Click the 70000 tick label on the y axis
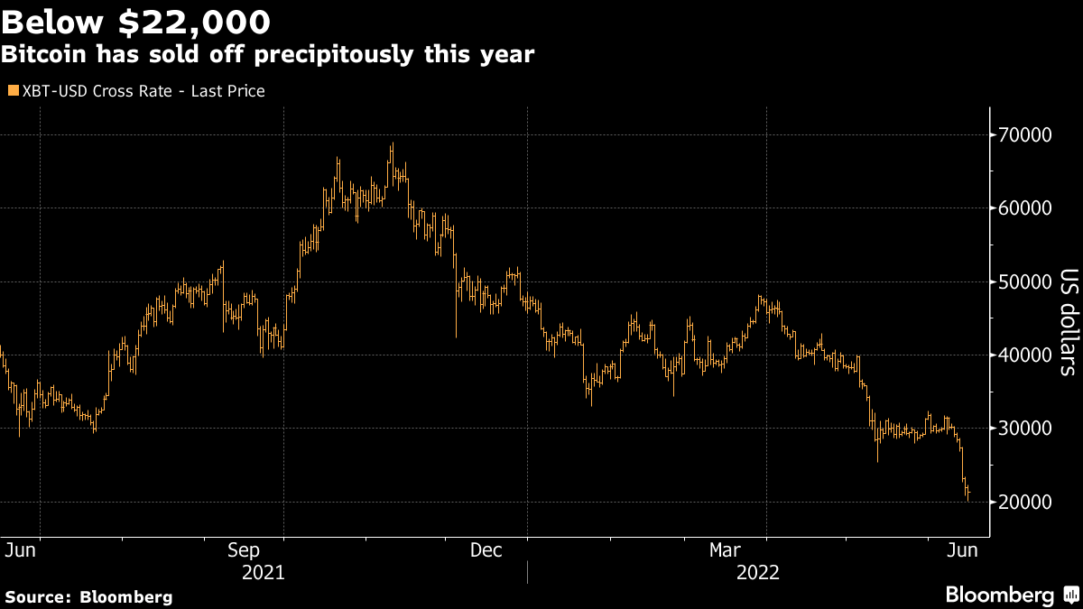(1024, 134)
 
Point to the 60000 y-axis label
(1024, 208)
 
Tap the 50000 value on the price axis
(1024, 281)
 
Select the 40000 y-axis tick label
(1024, 355)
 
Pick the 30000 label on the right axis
(1024, 429)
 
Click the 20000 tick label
(1024, 503)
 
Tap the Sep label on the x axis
(244, 550)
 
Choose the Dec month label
(486, 550)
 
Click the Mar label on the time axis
(725, 550)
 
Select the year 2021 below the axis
(263, 573)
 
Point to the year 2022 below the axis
(757, 573)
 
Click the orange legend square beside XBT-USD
(14, 90)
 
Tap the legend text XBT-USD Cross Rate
(97, 91)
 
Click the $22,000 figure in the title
(194, 23)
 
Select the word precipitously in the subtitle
(334, 55)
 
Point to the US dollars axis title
(1069, 322)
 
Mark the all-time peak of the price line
(393, 143)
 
